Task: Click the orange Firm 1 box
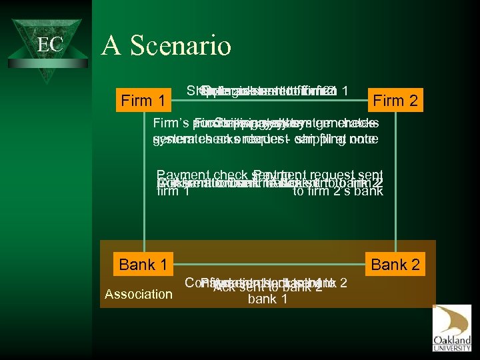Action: (x=143, y=101)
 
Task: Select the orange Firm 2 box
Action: (x=395, y=101)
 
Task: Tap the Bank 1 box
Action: (x=143, y=265)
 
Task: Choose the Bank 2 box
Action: (x=395, y=265)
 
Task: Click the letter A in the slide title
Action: (x=110, y=46)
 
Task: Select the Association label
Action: (x=138, y=293)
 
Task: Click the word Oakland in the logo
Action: (x=451, y=339)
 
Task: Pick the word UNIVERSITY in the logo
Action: (x=451, y=347)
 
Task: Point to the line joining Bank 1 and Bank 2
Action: (x=267, y=265)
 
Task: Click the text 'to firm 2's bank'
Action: (x=338, y=192)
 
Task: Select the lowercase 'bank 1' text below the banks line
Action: (x=267, y=299)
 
